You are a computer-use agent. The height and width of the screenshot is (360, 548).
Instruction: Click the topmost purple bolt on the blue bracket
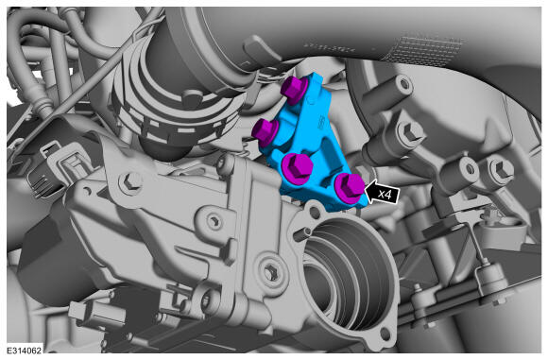pos(294,89)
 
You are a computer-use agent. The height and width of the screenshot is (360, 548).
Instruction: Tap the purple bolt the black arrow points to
pos(350,187)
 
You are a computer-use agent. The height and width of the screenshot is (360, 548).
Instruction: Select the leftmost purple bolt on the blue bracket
pos(265,131)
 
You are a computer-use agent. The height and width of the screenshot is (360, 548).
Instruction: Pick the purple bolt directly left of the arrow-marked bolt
pos(297,166)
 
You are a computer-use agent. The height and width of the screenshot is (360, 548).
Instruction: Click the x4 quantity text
pos(385,195)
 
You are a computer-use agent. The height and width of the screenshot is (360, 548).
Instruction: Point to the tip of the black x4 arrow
pos(365,191)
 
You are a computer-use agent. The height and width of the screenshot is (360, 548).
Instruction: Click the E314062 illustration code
pos(25,350)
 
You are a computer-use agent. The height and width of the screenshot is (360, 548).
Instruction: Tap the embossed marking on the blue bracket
pos(321,123)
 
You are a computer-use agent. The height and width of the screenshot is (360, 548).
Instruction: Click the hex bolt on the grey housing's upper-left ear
pos(130,181)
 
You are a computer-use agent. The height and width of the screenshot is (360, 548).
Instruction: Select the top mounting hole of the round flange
pos(315,211)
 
